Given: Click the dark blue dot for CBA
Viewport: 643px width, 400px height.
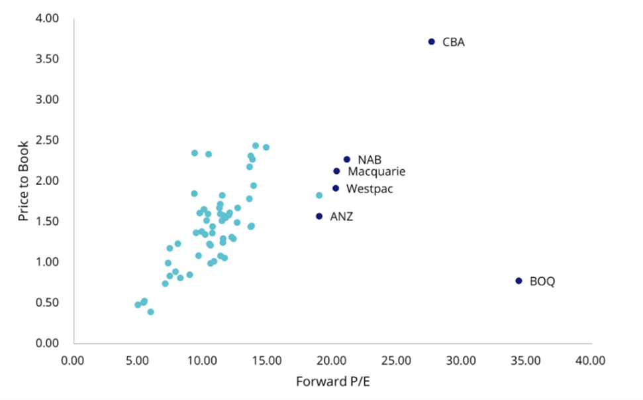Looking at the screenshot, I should pos(431,42).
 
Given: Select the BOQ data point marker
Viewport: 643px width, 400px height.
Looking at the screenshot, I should pos(519,281).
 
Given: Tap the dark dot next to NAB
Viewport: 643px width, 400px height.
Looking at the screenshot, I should pos(346,160).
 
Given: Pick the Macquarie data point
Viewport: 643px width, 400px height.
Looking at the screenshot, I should pos(336,171).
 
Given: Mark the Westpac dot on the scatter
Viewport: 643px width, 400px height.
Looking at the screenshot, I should pos(336,188).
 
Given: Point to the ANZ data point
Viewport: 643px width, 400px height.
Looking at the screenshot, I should pos(319,216).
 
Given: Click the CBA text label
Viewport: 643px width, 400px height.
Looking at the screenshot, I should pos(454,42).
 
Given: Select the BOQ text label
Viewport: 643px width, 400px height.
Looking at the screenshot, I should pos(542,282).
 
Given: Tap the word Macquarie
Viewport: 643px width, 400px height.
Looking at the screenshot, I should pos(376,172).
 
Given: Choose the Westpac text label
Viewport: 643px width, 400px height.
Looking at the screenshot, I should pos(370,189).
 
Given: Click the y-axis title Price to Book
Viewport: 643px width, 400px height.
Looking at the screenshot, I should pos(23,180).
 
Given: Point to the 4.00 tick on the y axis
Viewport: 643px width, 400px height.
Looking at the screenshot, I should pos(46,19).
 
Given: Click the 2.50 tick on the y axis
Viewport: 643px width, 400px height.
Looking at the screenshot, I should pos(46,141).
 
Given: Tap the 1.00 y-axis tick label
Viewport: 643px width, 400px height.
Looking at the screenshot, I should pos(46,262).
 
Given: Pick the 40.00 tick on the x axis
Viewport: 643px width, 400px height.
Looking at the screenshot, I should pos(590,361).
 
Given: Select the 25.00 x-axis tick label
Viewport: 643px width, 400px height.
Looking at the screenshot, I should pos(396,361).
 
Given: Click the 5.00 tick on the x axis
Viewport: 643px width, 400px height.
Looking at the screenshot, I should pos(137,361).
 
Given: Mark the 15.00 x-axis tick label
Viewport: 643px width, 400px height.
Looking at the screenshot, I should pos(267,361).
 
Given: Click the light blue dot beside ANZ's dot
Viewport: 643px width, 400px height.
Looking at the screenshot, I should pos(319,196).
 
